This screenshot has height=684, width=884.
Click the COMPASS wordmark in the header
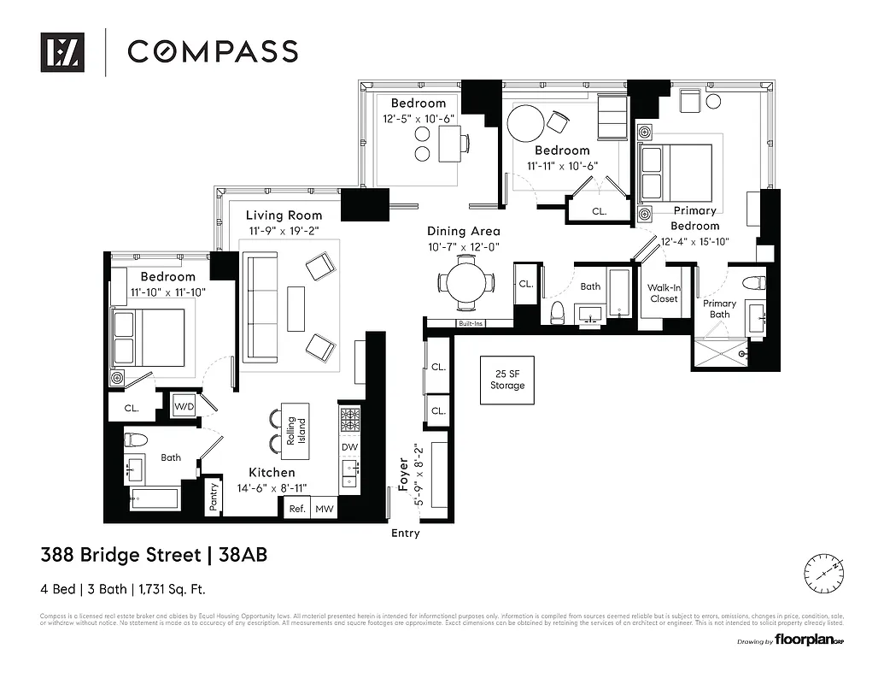point(213,51)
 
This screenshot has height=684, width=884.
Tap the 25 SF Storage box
point(506,380)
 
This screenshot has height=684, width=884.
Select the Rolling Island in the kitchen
point(296,429)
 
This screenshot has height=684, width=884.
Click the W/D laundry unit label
point(184,405)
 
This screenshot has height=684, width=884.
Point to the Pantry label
point(214,498)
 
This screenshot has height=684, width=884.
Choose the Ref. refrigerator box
point(296,508)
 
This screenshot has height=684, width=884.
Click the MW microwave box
point(324,508)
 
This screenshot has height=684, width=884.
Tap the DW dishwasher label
point(349,447)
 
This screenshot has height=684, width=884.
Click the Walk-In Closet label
point(664,293)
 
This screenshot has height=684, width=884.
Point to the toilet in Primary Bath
point(753,283)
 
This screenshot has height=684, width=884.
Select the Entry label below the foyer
point(406,534)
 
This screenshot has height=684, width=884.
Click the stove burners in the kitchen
point(350,419)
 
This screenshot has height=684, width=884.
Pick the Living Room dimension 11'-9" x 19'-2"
point(284,231)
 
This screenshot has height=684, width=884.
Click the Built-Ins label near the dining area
point(471,324)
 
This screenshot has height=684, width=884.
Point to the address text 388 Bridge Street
point(120,555)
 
